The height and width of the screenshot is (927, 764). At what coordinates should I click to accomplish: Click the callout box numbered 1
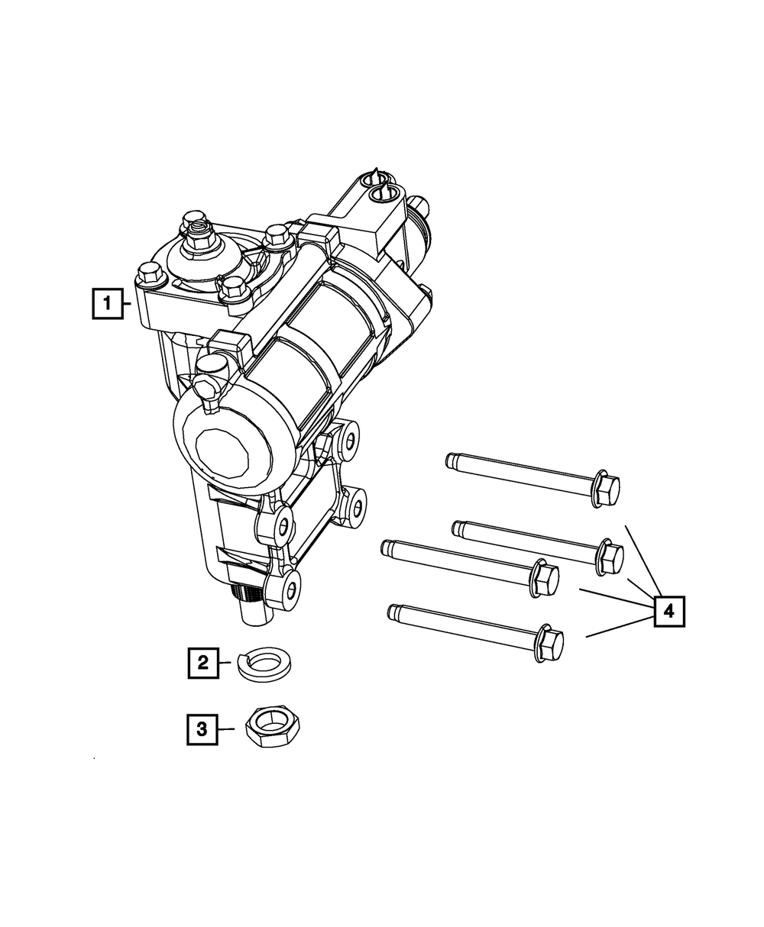(x=108, y=303)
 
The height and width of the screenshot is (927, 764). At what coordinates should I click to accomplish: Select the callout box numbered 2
(x=203, y=662)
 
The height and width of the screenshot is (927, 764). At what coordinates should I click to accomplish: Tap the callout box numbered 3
(x=202, y=728)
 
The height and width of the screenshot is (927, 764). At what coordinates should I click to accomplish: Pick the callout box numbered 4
(x=668, y=611)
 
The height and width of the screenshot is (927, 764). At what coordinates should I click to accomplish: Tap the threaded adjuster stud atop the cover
(x=201, y=227)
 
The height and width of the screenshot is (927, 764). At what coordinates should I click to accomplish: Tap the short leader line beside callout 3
(x=225, y=728)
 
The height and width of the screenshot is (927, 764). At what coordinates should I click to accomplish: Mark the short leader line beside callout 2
(x=225, y=662)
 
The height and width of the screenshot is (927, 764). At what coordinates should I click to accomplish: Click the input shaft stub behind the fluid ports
(x=418, y=206)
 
